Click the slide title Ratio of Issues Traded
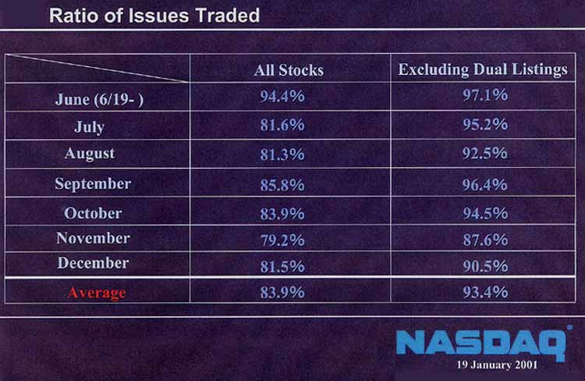154,16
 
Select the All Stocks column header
289,70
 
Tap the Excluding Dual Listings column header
483,69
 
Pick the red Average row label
97,294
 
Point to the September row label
93,184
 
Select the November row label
93,238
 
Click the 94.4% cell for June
282,95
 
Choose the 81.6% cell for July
282,125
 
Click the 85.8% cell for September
282,185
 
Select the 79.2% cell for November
282,240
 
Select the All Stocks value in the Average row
282,293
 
